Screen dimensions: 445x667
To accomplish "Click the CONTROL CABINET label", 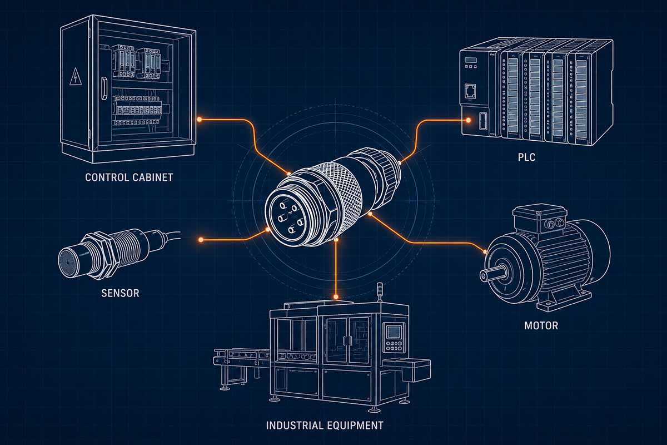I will tap(129, 178).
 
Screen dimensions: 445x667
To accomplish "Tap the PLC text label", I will tap(525, 158).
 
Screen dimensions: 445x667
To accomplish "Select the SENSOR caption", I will tap(120, 293).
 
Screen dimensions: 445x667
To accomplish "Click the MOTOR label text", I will tap(541, 325).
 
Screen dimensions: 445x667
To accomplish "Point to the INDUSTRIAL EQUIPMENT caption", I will tap(325, 426).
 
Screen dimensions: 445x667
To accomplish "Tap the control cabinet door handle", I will tap(103, 88).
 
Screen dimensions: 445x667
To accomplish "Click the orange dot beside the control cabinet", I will tap(200, 119).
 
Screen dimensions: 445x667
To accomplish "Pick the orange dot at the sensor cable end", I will tap(201, 240).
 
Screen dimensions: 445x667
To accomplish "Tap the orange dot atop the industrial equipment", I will tap(336, 295).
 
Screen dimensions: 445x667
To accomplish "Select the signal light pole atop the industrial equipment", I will tap(380, 291).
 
